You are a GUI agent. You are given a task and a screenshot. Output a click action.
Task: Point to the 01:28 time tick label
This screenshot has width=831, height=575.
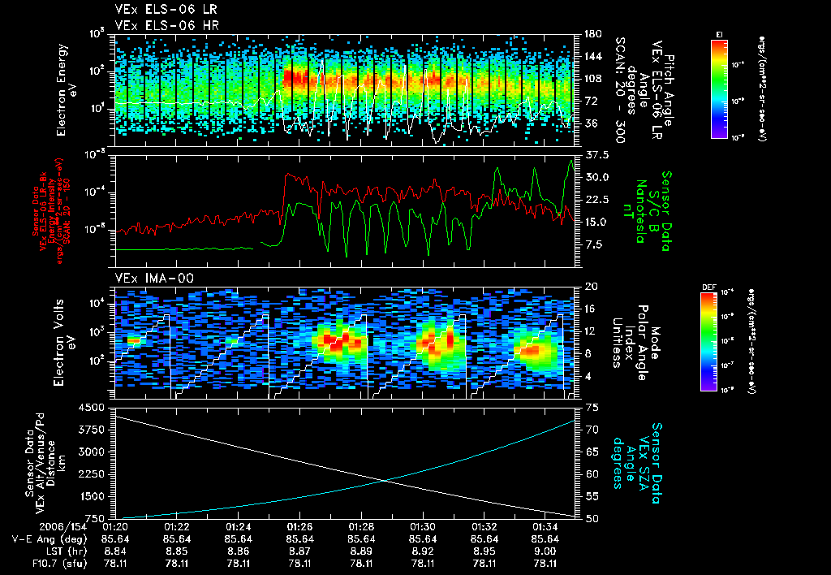click(x=362, y=526)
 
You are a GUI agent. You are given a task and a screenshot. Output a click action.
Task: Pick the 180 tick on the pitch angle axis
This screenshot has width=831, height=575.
click(x=592, y=34)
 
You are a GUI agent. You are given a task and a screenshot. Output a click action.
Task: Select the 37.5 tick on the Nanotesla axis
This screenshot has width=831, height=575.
click(x=596, y=154)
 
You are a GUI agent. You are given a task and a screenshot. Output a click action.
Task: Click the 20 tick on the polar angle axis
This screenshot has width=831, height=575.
click(x=590, y=287)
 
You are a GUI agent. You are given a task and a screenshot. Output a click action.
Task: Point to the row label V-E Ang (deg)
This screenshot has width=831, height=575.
click(x=48, y=538)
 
